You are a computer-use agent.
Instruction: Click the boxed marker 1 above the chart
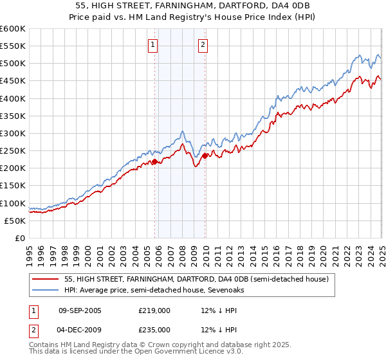pyautogui.click(x=153, y=45)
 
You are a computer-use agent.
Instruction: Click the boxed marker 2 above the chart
pyautogui.click(x=203, y=45)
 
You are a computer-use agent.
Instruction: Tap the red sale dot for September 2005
pyautogui.click(x=155, y=161)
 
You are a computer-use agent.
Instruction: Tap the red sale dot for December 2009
pyautogui.click(x=205, y=156)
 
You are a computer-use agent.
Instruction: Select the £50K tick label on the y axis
pyautogui.click(x=15, y=221)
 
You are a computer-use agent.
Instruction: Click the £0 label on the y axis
pyautogui.click(x=21, y=238)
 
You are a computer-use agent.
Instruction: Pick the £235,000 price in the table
pyautogui.click(x=154, y=330)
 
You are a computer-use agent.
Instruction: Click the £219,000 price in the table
pyautogui.click(x=154, y=310)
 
